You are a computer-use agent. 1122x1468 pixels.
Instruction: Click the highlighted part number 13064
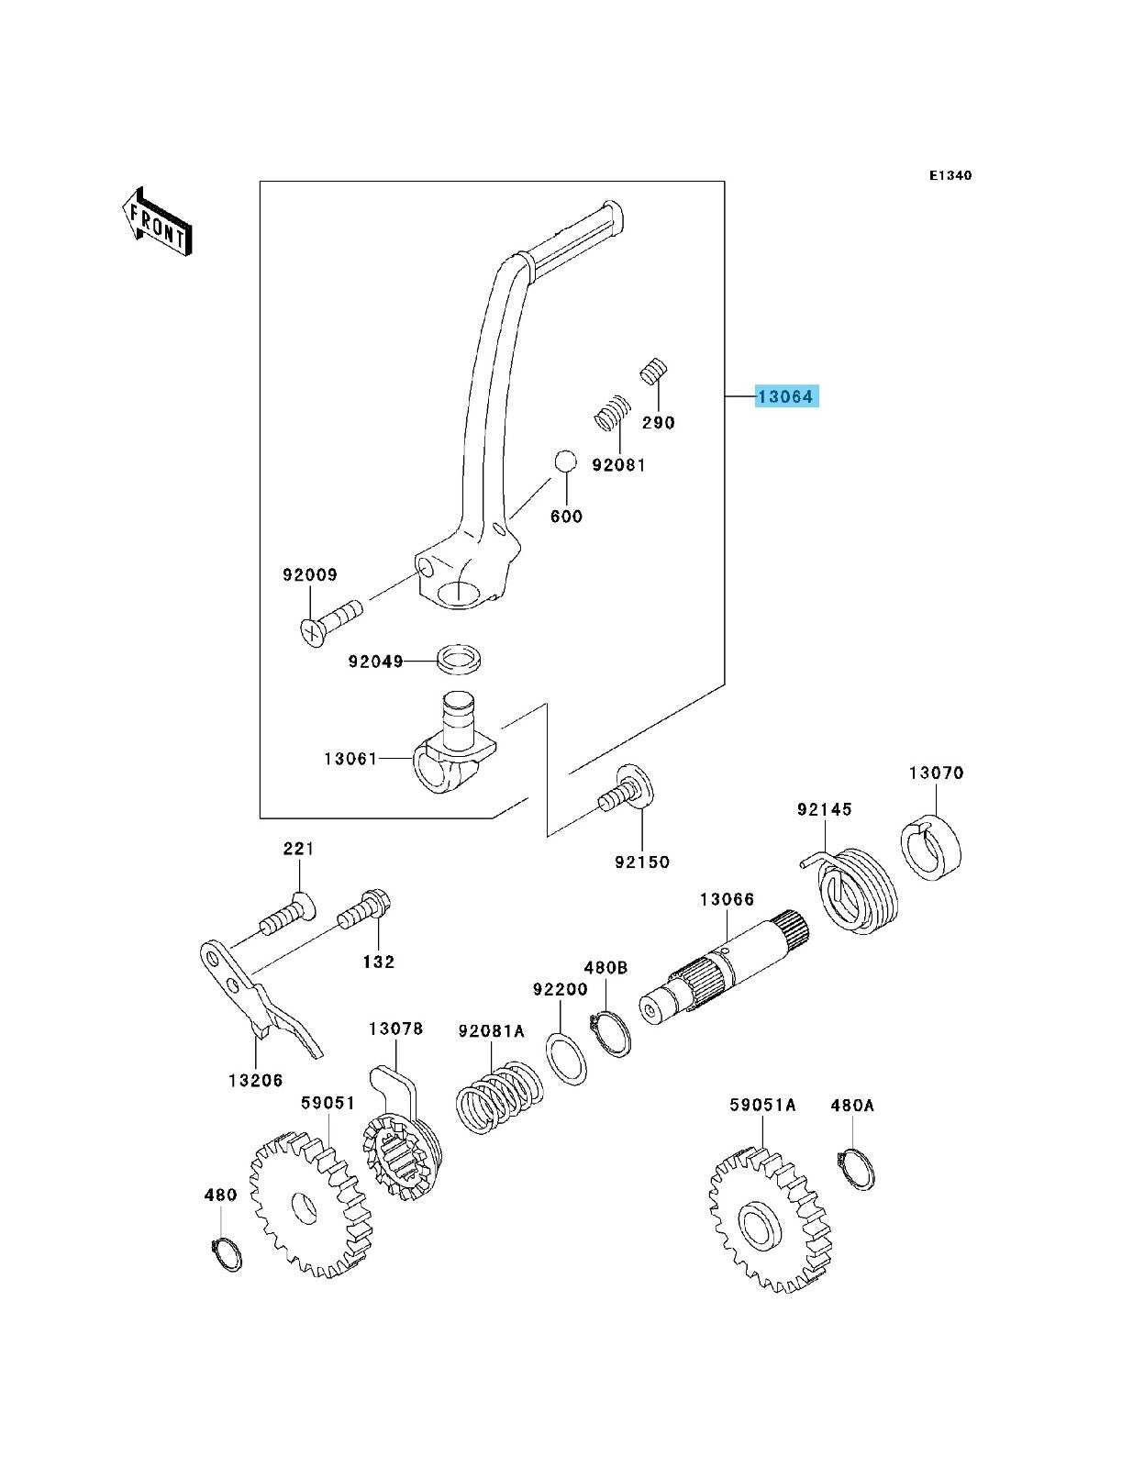tap(784, 396)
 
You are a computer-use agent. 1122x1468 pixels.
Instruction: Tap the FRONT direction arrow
tap(157, 222)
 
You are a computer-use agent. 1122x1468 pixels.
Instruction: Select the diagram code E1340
tap(950, 174)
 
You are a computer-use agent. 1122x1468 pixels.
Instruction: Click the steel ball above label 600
tap(565, 461)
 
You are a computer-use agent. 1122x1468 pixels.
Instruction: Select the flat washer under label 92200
tap(568, 1057)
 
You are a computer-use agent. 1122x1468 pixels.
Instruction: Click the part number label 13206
tap(255, 1080)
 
